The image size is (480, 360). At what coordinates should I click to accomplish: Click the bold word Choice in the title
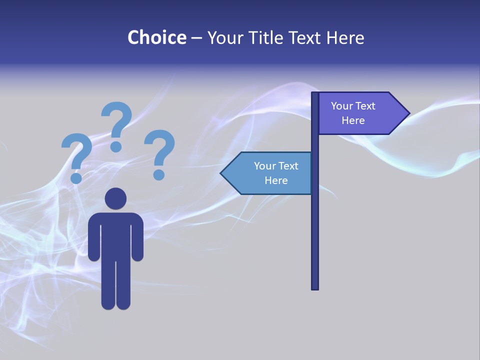tap(156, 37)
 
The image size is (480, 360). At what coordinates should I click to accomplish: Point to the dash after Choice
tap(196, 38)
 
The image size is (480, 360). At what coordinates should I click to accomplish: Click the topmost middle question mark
tap(117, 125)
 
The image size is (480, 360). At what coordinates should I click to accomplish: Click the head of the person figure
tap(115, 198)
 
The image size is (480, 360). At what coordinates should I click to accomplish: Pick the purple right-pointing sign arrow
tap(357, 113)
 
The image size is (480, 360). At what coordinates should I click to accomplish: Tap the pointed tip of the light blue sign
tap(222, 173)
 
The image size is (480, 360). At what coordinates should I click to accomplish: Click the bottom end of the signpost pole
tap(315, 287)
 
